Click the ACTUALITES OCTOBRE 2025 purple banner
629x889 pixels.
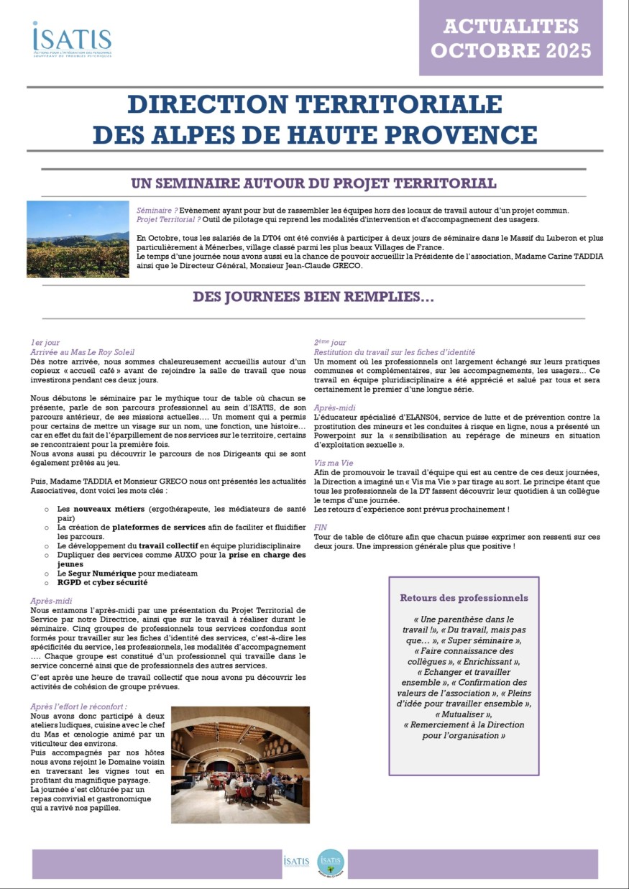pos(510,38)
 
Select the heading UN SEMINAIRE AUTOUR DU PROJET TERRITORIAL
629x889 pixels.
pos(314,183)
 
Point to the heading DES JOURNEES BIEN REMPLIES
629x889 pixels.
pos(313,297)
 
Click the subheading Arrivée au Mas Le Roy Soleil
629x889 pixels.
pos(83,352)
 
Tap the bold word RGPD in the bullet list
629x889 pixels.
pos(69,582)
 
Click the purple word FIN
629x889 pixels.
pos(321,528)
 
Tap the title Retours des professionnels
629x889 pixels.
pos(464,598)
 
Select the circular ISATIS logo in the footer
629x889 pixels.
pos(331,862)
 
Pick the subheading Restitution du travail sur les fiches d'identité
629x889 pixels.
pos(395,352)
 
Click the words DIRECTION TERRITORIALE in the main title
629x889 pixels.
pos(314,104)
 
